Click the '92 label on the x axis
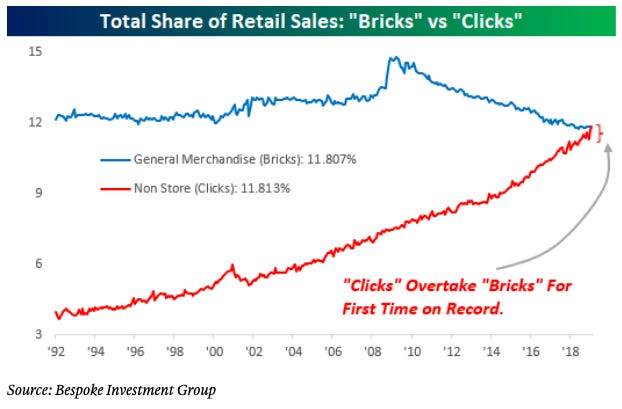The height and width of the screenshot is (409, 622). [58, 353]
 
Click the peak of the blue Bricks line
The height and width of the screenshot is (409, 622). [392, 58]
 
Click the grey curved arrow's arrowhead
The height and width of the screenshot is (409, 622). [610, 148]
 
